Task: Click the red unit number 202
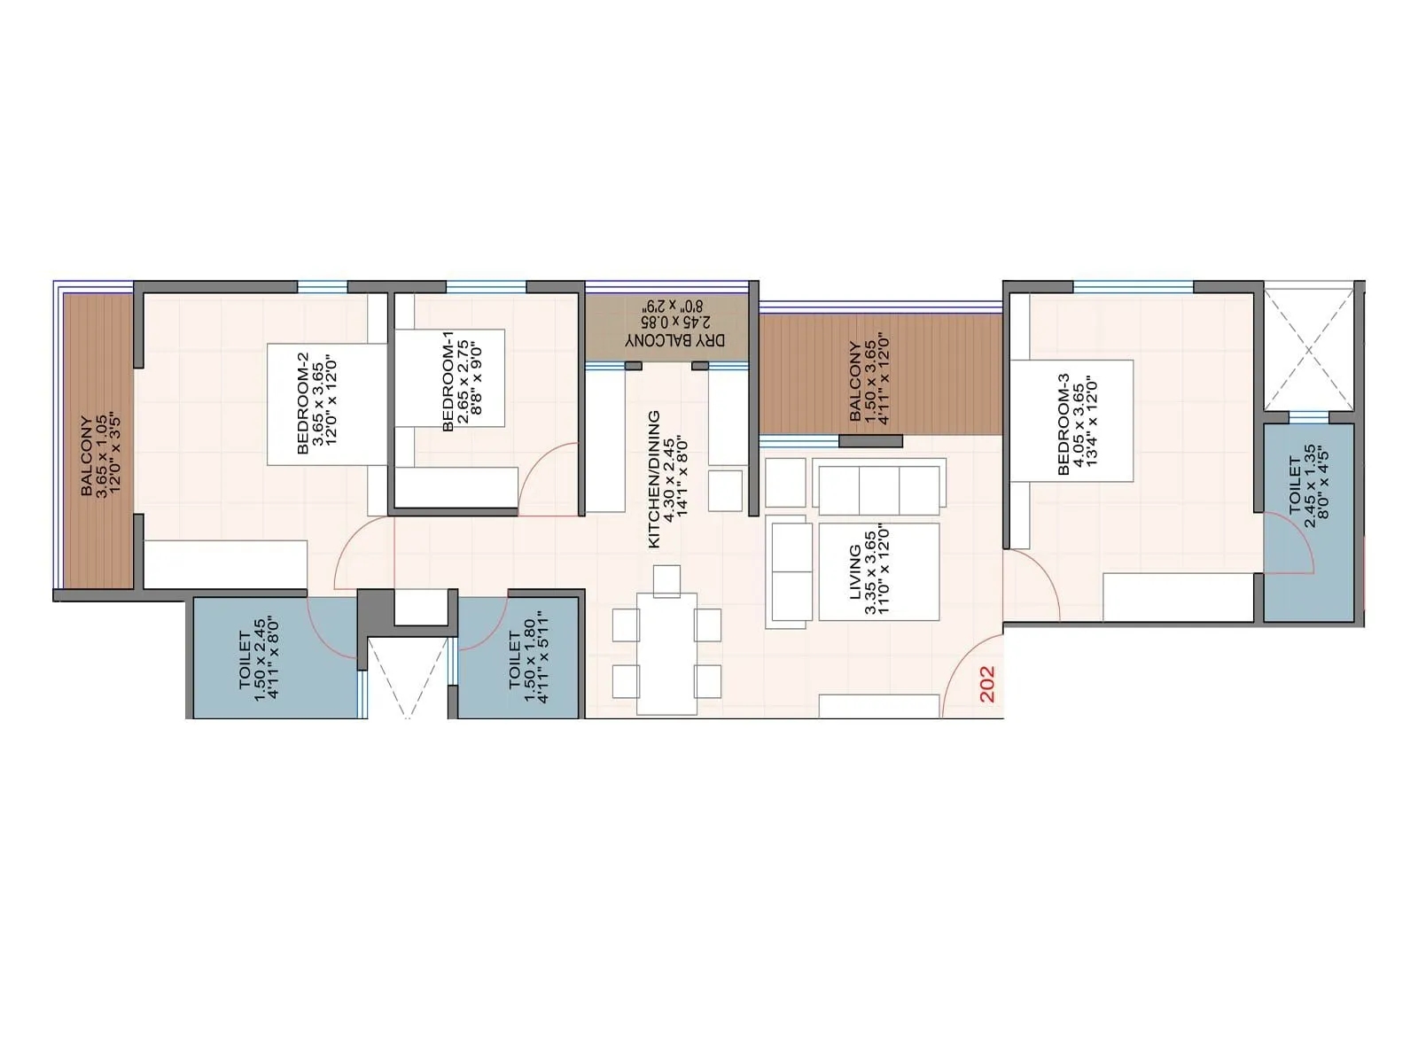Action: [987, 684]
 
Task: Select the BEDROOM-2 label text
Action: [316, 403]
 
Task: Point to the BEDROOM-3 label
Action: [1078, 423]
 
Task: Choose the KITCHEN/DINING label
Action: [667, 478]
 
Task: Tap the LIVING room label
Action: [869, 571]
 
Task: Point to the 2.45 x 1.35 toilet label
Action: [1309, 485]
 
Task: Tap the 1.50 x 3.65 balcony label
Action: [869, 381]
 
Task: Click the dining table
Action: [666, 653]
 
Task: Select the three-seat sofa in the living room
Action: [878, 489]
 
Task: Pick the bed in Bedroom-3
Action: [1072, 421]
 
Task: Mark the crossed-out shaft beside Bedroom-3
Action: [1309, 350]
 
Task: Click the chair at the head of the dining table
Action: [666, 580]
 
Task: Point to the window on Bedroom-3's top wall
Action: [1133, 287]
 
